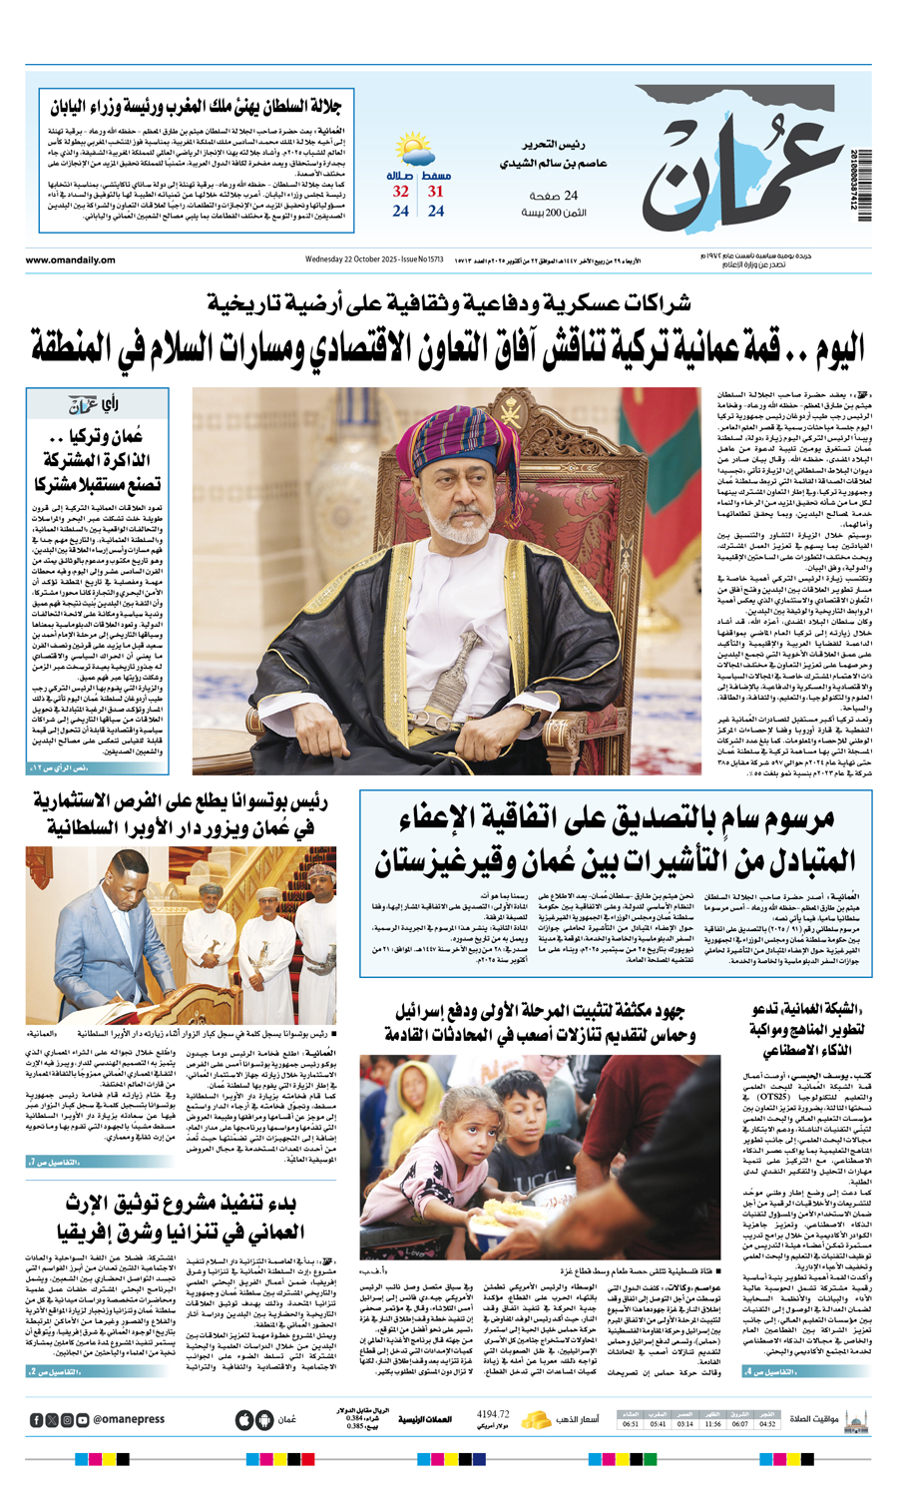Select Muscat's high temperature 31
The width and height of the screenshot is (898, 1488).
coord(436,192)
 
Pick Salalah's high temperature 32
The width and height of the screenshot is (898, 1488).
coord(400,192)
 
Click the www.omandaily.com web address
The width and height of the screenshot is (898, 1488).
coord(71,260)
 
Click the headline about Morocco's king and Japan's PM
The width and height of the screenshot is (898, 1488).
coord(196,107)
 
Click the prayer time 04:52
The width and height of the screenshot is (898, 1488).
coord(767,1424)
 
